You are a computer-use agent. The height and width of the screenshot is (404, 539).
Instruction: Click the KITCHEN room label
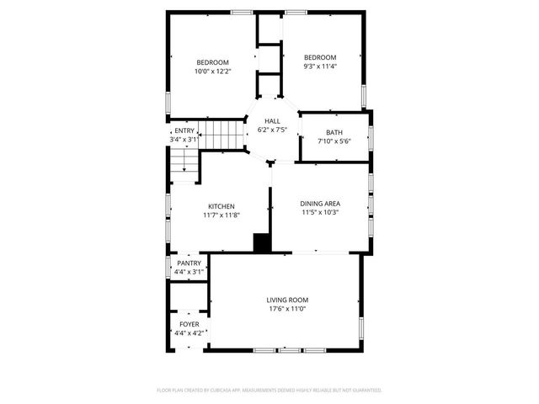(221, 206)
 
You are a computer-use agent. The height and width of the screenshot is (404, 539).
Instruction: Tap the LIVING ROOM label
(287, 300)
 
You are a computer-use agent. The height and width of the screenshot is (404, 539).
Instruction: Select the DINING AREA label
(320, 203)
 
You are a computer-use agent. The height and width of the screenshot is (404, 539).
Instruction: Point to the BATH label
(334, 132)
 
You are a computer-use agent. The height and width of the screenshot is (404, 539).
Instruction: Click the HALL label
(272, 121)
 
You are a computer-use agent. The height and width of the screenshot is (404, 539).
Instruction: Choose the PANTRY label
(189, 263)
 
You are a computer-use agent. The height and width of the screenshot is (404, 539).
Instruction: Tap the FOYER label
(189, 324)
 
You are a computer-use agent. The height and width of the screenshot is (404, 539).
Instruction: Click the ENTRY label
(184, 130)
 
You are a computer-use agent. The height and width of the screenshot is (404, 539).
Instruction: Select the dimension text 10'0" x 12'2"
(213, 71)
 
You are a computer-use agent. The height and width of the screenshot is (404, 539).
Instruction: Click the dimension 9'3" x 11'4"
(320, 66)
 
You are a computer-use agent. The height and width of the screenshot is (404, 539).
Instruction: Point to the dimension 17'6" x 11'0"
(287, 309)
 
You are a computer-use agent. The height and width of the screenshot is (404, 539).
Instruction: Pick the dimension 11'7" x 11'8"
(221, 215)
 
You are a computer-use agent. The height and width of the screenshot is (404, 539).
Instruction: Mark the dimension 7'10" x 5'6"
(334, 141)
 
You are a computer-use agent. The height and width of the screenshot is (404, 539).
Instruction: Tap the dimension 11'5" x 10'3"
(320, 212)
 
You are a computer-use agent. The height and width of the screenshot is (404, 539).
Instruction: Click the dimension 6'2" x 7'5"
(272, 130)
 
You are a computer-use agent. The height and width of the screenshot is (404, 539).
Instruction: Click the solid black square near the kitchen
(263, 242)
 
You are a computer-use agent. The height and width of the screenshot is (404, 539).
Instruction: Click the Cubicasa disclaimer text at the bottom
(269, 391)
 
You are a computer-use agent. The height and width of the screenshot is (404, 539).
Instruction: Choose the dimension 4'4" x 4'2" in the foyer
(189, 333)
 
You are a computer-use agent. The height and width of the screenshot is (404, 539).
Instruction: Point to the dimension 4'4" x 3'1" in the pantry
(189, 272)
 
